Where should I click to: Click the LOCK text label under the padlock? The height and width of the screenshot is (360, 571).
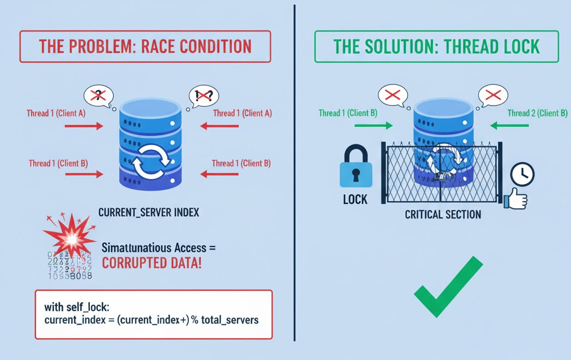coord(355,199)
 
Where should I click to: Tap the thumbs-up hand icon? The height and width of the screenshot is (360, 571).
coord(516,198)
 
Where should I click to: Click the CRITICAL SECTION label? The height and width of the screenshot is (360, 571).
coord(443,214)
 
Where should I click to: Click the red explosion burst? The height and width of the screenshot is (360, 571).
coord(69,235)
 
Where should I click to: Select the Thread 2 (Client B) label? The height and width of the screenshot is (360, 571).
coord(537,113)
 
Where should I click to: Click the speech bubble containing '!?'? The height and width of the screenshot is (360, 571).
coord(203,95)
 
